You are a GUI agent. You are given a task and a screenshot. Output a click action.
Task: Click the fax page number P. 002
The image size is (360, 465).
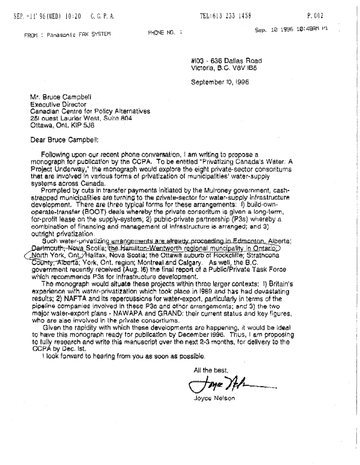click(x=315, y=15)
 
